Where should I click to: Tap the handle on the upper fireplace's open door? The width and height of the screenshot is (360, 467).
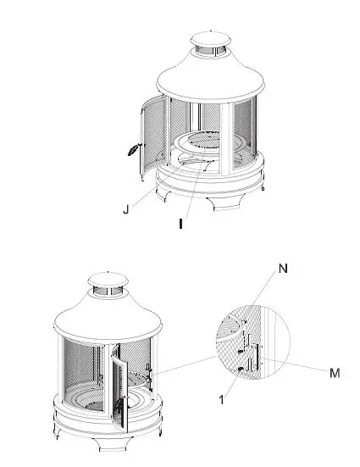point(131,151)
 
